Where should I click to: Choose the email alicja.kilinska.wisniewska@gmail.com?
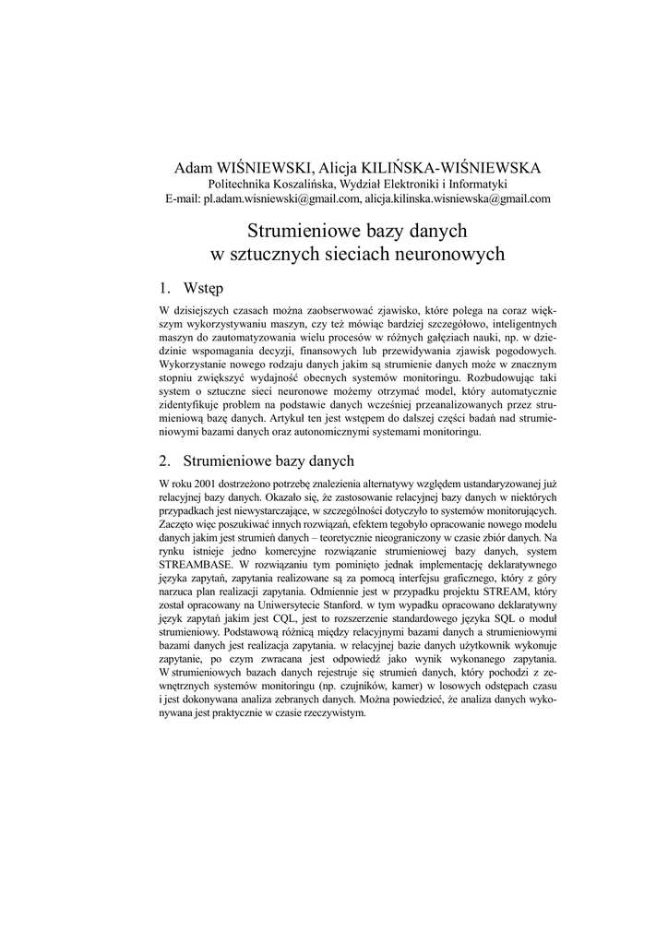458,198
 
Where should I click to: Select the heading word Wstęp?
204,288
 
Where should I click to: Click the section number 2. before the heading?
165,461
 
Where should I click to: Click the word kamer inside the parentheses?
392,687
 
